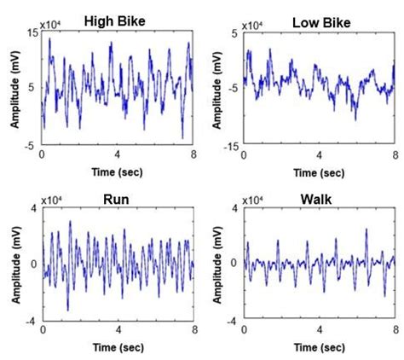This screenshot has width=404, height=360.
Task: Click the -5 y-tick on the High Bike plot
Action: (31, 145)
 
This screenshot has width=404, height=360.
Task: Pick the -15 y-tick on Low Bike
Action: (230, 145)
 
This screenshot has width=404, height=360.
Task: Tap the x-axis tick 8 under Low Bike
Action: (395, 155)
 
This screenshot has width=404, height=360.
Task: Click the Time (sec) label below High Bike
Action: (118, 172)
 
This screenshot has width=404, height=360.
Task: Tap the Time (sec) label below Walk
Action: (319, 346)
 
